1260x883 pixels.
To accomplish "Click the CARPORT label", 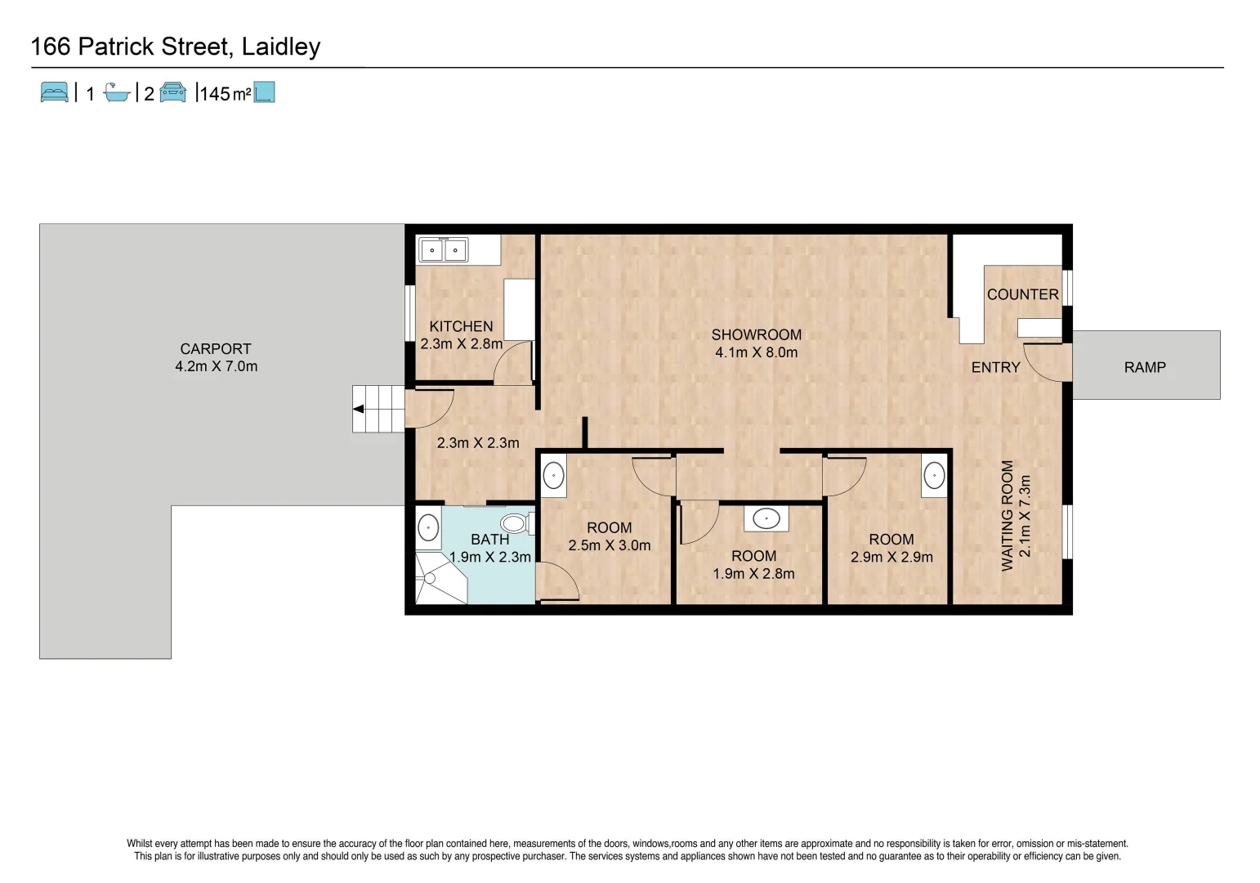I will click(216, 349).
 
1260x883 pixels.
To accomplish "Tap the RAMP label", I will click(1144, 368).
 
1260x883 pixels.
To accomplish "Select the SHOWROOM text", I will click(756, 335).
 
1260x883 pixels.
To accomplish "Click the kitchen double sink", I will click(443, 250).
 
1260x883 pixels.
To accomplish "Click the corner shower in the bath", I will click(438, 579).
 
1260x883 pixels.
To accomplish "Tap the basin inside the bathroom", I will click(428, 528).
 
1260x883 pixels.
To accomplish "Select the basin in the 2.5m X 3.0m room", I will click(554, 475).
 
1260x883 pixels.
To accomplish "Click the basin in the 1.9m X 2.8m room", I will click(766, 518).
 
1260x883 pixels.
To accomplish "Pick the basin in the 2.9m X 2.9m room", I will click(934, 476).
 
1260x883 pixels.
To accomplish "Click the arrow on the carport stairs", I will click(358, 410).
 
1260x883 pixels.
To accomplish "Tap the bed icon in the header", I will click(55, 92).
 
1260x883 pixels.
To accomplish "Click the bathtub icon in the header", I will click(117, 93).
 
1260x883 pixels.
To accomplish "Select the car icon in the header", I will click(173, 92).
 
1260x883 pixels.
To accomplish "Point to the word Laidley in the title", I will click(281, 47).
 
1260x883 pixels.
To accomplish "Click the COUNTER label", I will click(1022, 294).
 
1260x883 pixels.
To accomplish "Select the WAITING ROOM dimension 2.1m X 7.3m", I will click(1025, 516).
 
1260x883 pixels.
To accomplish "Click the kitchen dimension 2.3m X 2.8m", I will click(461, 344).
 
